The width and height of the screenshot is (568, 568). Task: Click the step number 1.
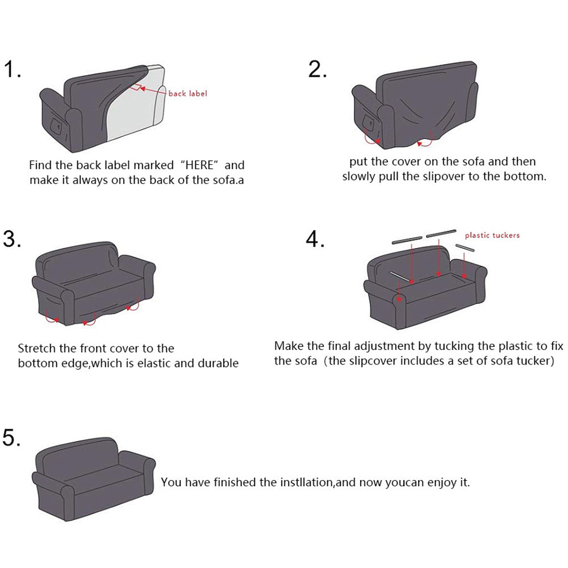click(x=12, y=70)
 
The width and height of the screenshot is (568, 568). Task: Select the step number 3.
click(x=12, y=239)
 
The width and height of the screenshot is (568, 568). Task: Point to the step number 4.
click(x=315, y=239)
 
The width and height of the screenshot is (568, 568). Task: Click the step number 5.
click(x=12, y=438)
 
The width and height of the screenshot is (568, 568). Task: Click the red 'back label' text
click(x=187, y=93)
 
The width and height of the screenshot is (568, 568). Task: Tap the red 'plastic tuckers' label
click(x=492, y=235)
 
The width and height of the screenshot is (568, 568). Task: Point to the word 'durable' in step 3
click(x=218, y=363)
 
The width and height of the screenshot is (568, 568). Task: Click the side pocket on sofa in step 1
click(x=56, y=123)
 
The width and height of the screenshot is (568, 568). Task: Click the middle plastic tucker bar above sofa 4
click(x=441, y=232)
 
